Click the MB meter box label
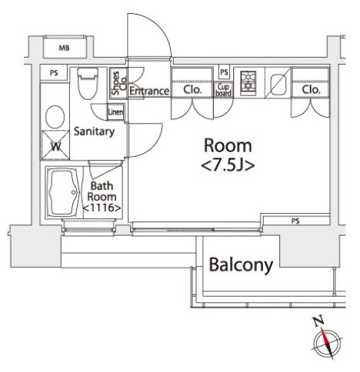(x=64, y=48)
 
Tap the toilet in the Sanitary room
(x=88, y=83)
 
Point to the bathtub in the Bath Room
(x=64, y=193)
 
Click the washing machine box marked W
(x=55, y=145)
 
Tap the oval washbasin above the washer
(x=55, y=117)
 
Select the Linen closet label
(x=115, y=111)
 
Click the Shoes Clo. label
(x=119, y=83)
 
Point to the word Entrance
(x=149, y=91)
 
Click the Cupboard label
(x=223, y=90)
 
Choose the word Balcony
(x=241, y=265)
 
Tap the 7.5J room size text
(x=228, y=166)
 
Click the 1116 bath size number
(x=102, y=208)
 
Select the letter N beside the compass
(x=318, y=322)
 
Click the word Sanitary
(x=94, y=131)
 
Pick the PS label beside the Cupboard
(x=224, y=72)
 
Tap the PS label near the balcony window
(x=295, y=221)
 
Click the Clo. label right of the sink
(x=312, y=90)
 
